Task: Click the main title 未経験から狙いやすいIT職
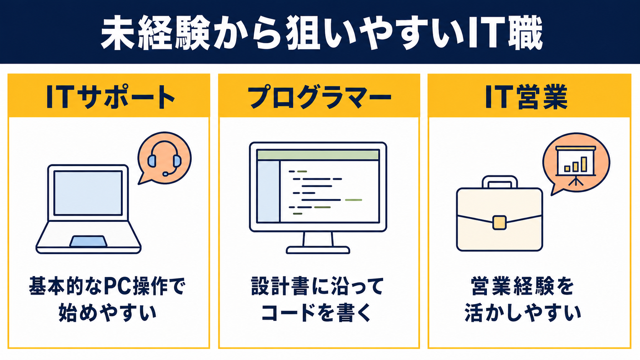(322, 33)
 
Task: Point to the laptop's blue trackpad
(88, 241)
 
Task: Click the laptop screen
(88, 193)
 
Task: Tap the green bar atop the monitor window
(318, 155)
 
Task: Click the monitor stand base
(318, 250)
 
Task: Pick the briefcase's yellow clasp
(500, 223)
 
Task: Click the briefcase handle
(500, 182)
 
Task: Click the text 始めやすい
(108, 313)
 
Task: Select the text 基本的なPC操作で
(108, 286)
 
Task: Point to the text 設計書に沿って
(317, 286)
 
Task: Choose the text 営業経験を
(522, 286)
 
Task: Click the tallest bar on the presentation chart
(584, 164)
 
